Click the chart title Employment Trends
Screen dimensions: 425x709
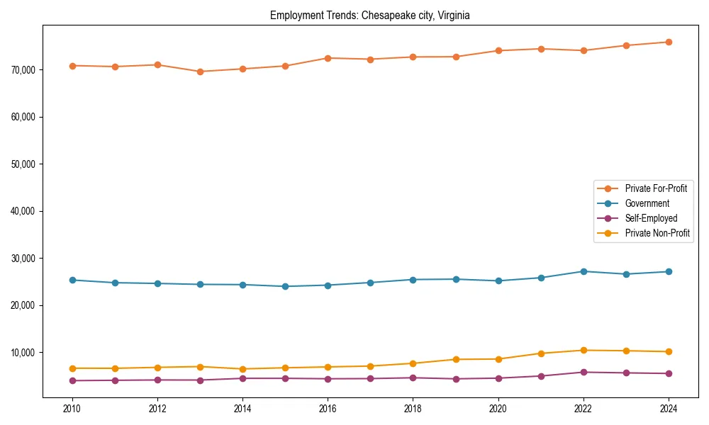coord(369,15)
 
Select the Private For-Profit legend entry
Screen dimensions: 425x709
coord(656,188)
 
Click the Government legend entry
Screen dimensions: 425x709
coord(647,203)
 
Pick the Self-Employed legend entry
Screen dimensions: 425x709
coord(651,218)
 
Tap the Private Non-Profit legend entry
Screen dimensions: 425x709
coord(657,233)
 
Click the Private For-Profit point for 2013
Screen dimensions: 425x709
coord(200,72)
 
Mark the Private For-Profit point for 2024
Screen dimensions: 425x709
coord(669,42)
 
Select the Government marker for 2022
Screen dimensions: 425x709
coord(584,271)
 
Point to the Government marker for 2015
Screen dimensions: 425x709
coord(285,286)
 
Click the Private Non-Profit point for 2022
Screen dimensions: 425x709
coord(584,350)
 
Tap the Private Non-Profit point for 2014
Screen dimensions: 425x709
coord(242,369)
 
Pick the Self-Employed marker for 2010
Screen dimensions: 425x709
coord(72,380)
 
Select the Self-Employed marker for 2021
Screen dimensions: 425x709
coord(541,376)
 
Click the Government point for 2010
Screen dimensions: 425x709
coord(72,280)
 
